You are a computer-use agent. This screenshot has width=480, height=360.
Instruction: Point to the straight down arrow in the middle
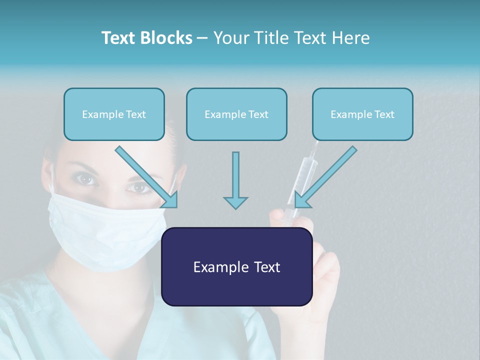[235, 180]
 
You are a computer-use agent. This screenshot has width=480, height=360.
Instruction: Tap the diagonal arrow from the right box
[325, 177]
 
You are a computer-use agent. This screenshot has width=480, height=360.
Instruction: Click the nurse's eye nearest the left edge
[86, 178]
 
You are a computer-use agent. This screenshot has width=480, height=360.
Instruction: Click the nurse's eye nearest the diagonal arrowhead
[139, 188]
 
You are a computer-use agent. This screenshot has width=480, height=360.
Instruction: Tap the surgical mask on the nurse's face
[105, 230]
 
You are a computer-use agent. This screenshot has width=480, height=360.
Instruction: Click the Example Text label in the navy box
[236, 267]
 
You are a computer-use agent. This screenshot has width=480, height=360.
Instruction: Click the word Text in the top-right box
[384, 114]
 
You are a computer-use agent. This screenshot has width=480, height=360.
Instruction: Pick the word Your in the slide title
[229, 38]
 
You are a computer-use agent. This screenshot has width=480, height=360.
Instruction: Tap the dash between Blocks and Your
[202, 38]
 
